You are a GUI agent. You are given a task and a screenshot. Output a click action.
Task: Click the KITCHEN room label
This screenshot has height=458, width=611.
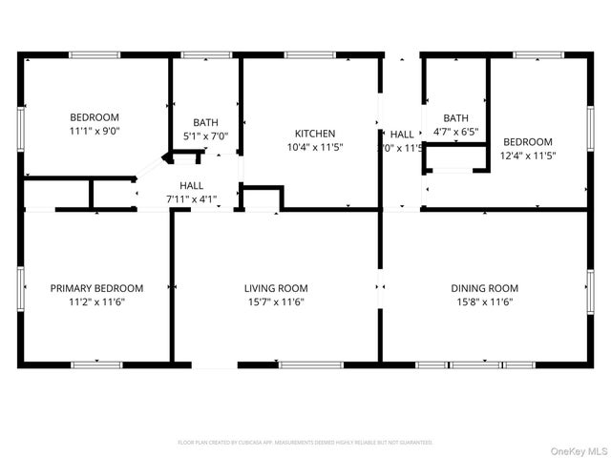314,134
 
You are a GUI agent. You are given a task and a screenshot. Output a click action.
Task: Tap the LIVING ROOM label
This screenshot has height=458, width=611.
276,288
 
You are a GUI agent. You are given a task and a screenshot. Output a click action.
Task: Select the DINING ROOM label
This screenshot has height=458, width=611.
484,288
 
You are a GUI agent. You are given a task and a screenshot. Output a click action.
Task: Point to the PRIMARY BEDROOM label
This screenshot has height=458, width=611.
96,288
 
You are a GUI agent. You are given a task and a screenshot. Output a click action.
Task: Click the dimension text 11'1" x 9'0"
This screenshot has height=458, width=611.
94,131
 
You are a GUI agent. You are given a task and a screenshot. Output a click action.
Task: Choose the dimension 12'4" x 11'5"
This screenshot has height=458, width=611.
528,155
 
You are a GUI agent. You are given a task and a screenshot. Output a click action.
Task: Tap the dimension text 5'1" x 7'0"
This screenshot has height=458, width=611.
205,135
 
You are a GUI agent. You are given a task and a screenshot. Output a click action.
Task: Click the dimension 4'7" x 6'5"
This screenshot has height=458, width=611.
455,132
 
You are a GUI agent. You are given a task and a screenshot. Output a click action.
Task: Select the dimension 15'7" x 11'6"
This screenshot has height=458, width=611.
276,302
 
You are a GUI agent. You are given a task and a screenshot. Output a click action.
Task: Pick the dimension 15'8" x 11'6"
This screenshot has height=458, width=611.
484,302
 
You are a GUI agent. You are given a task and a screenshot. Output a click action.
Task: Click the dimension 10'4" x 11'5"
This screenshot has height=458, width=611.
314,147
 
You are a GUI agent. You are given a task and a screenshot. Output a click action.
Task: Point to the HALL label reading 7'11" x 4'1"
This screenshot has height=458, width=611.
191,199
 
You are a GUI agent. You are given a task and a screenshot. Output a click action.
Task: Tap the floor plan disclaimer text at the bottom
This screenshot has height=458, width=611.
305,443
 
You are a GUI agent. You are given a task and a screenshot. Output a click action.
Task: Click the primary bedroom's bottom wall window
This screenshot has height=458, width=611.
96,364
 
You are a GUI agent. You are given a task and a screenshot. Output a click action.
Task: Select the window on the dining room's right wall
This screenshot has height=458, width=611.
590,286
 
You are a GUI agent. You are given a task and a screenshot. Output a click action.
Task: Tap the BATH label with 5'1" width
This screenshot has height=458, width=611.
205,122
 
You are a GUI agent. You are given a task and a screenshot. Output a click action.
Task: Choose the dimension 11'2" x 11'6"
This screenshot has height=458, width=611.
96,302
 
